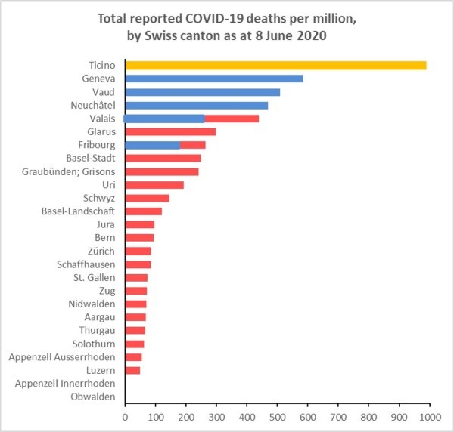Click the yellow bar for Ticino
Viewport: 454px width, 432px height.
click(275, 65)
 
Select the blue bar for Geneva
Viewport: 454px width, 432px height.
click(213, 79)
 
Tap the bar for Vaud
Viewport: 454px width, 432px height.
click(202, 92)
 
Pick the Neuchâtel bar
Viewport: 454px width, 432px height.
click(196, 105)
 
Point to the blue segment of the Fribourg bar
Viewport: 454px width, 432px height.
click(152, 145)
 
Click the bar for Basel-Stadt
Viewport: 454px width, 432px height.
click(163, 158)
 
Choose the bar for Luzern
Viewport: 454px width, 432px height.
click(132, 370)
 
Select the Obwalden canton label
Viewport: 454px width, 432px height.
click(93, 397)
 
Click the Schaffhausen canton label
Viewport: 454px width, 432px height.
click(86, 264)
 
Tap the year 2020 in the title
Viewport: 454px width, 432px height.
click(310, 35)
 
